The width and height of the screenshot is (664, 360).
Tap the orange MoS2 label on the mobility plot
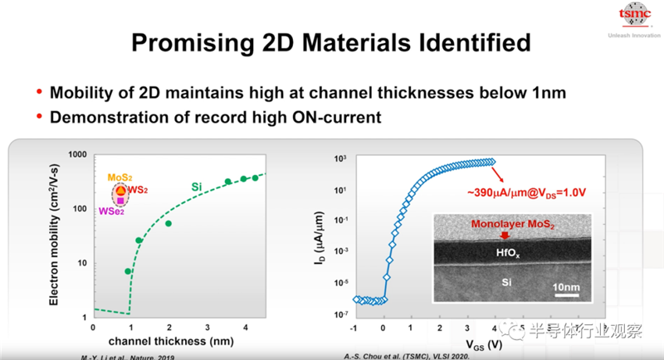119,178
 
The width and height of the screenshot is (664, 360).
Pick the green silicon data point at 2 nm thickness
168,223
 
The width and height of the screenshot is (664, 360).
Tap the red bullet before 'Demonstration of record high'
39,117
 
